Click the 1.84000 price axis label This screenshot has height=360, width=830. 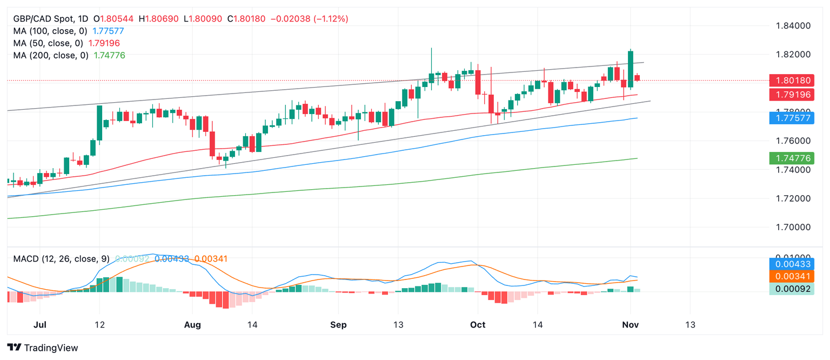pos(793,25)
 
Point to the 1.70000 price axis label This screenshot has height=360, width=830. pos(793,227)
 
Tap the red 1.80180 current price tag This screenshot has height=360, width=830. pos(792,81)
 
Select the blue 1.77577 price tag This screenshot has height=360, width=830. pos(792,118)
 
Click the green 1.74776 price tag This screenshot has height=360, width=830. pos(792,158)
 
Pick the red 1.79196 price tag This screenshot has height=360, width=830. pos(792,94)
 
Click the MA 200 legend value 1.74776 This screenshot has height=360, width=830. pos(110,55)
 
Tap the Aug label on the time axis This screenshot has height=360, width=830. pos(192,325)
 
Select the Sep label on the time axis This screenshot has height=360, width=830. pos(338,325)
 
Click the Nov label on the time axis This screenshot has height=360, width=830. pos(630,325)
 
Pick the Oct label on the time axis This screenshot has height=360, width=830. pos(478,325)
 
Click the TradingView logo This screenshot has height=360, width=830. pos(43,348)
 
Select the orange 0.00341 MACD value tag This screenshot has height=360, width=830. pos(792,276)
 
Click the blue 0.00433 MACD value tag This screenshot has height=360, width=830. pos(792,264)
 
